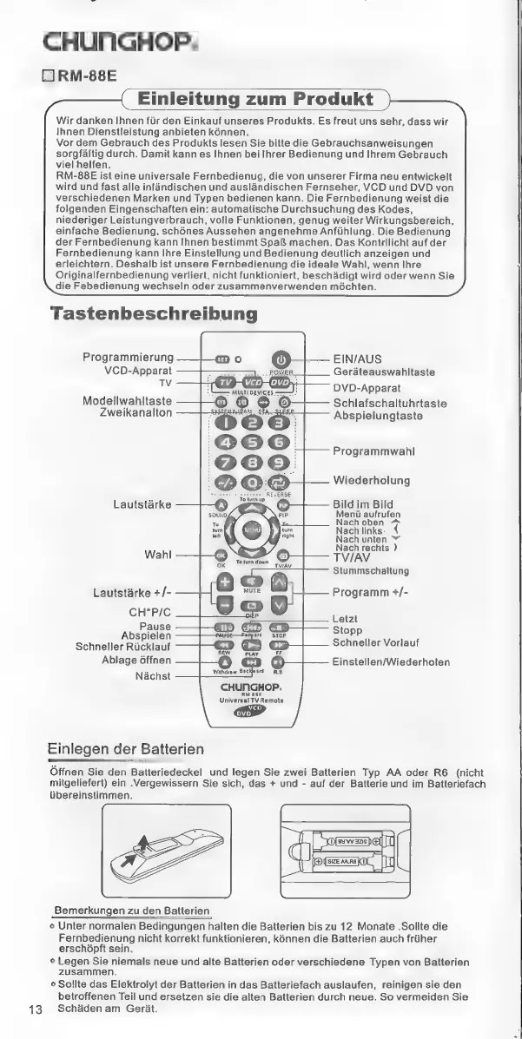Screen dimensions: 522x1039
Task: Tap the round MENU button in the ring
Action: [251, 530]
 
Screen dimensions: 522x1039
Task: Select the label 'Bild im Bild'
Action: [366, 503]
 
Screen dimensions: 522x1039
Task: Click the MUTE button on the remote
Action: [251, 581]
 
